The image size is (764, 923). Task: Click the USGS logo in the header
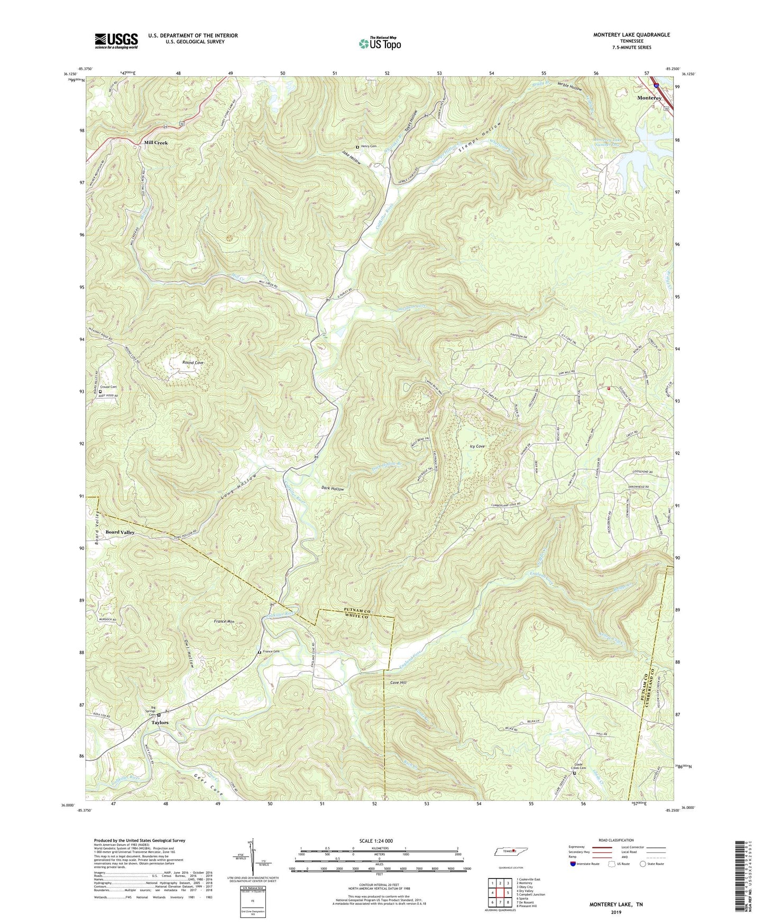[116, 40]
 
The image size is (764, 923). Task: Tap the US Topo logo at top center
[379, 43]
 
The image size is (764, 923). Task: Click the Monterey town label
[649, 98]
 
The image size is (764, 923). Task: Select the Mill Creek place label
[156, 143]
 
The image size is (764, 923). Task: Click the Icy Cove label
[477, 446]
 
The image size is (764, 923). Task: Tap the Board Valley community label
[120, 532]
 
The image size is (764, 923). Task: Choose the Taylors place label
[160, 722]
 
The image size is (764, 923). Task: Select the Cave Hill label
[398, 682]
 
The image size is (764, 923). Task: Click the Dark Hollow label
[333, 488]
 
